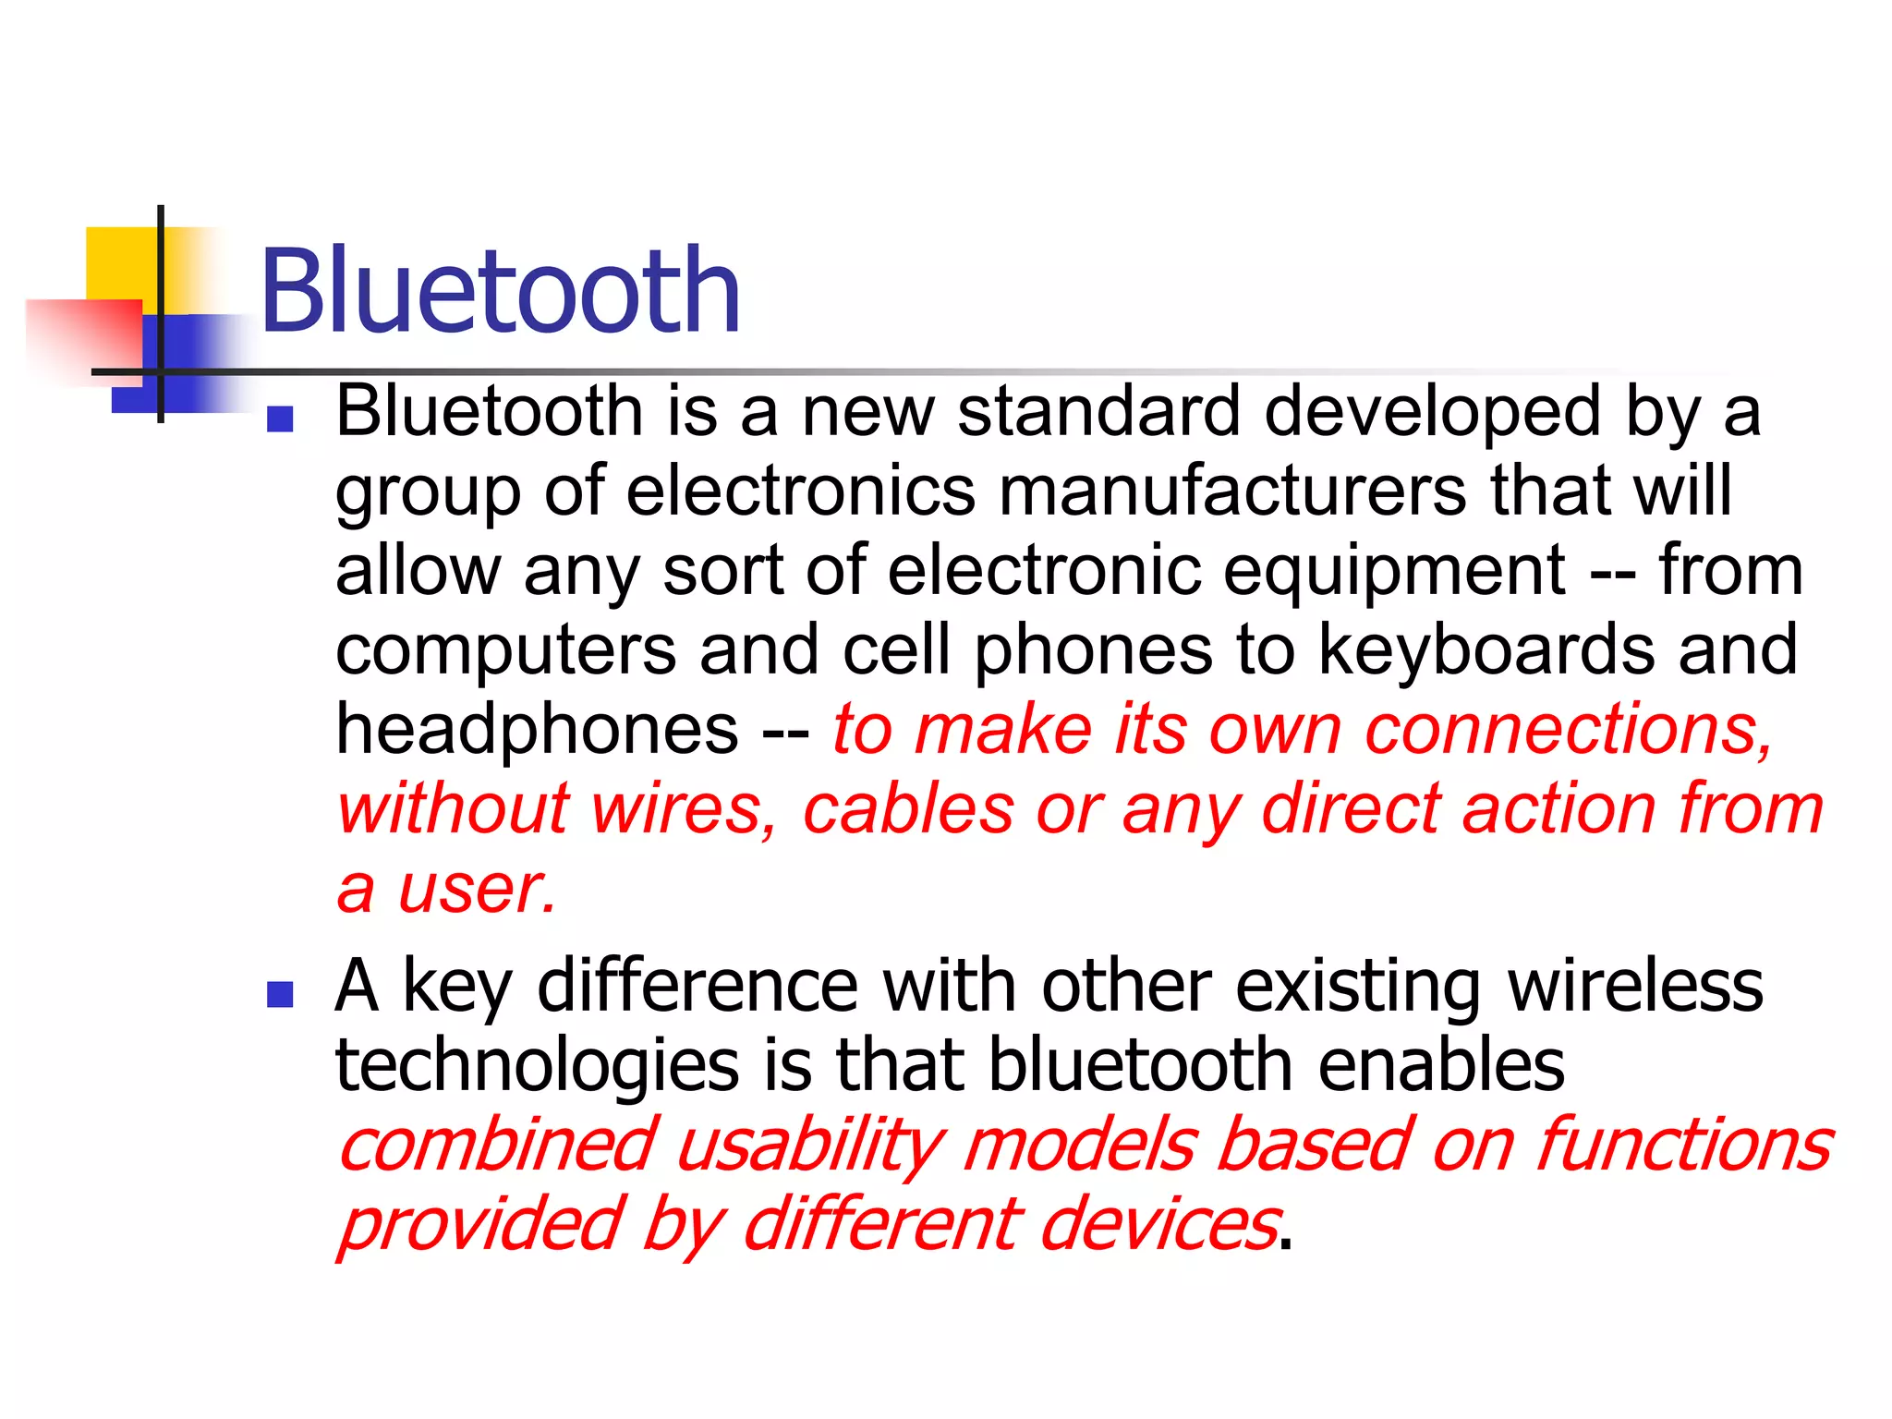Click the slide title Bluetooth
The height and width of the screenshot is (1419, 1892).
point(500,292)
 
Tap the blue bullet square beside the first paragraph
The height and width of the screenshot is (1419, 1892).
point(279,419)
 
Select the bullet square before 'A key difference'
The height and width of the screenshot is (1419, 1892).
point(279,994)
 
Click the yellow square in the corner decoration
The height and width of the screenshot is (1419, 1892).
point(120,263)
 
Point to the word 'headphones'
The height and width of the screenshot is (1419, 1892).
point(537,730)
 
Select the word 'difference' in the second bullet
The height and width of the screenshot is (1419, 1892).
point(697,987)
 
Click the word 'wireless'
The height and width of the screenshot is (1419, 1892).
point(1635,987)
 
